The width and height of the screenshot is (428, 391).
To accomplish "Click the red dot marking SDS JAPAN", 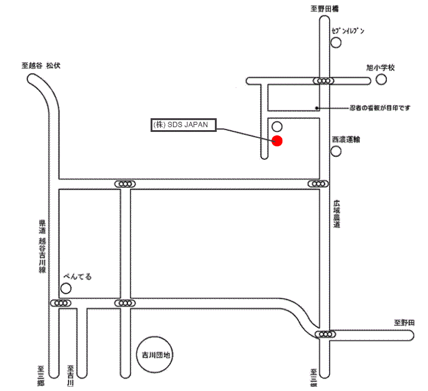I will (277, 141).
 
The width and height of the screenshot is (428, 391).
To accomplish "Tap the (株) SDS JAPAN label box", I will (183, 125).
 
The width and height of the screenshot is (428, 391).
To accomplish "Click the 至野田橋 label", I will (324, 9).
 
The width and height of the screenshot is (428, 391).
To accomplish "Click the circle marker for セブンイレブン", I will (336, 43).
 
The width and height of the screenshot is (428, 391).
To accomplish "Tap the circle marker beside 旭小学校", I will (381, 79).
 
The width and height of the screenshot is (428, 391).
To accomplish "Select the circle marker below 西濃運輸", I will (336, 151).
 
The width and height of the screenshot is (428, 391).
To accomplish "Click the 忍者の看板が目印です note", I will (379, 108).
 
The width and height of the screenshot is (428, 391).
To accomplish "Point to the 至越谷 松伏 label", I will (41, 66).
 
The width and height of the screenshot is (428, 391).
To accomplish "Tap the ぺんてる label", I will (78, 277).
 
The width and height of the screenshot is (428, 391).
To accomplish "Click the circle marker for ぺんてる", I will (66, 289).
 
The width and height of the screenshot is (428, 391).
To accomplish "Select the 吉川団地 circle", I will (155, 355).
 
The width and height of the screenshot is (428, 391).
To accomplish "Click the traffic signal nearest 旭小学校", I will (324, 81).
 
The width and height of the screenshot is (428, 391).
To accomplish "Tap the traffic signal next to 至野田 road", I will (325, 335).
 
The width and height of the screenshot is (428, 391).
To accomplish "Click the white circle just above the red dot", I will (277, 127).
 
